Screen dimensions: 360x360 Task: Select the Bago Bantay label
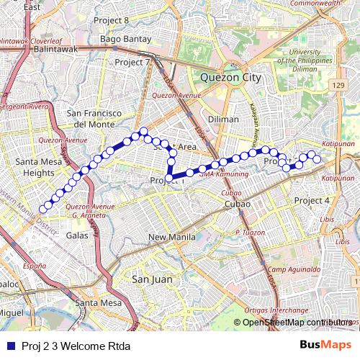pyautogui.click(x=125, y=39)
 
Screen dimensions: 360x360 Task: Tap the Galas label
pyautogui.click(x=76, y=235)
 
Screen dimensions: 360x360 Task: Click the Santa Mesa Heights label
pyautogui.click(x=38, y=167)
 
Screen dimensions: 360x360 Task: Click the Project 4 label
pyautogui.click(x=312, y=200)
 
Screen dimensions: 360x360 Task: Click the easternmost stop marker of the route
pyautogui.click(x=317, y=159)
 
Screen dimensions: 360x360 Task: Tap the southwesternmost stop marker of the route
pyautogui.click(x=42, y=209)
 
